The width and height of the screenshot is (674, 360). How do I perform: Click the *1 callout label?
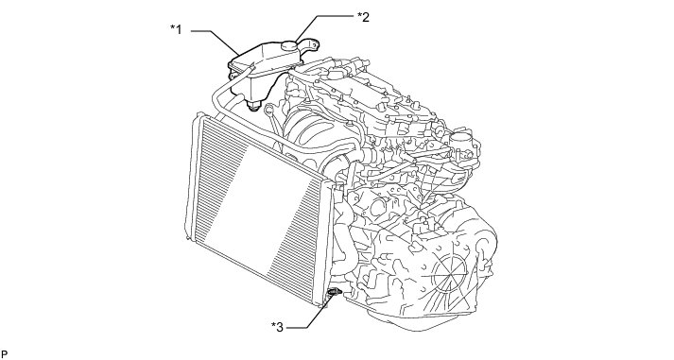point(176,29)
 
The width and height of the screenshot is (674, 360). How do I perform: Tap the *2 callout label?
point(364,17)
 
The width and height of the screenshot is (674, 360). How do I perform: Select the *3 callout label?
point(278,327)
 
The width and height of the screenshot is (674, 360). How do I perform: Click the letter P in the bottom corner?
point(5,354)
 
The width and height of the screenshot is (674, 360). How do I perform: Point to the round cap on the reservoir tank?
point(290,44)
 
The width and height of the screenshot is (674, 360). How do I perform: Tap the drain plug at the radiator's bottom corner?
point(334,292)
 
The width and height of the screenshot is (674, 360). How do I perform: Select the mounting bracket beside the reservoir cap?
point(309,45)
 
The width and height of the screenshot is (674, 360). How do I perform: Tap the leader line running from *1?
point(215,43)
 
